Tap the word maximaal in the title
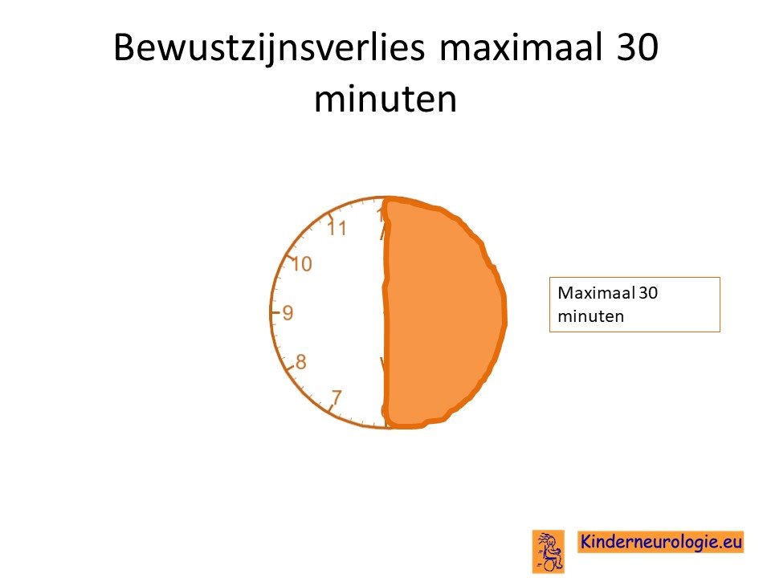521,47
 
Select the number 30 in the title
637,47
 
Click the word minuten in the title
385,100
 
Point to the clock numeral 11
337,228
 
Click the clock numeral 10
302,264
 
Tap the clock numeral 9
288,312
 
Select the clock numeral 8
300,362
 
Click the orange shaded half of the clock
443,312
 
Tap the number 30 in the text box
649,293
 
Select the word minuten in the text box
590,316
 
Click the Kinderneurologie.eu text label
661,542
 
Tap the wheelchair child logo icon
549,552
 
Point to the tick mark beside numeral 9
275,311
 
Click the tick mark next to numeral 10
290,257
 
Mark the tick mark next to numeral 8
290,366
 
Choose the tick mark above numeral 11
332,215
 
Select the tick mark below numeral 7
332,409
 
